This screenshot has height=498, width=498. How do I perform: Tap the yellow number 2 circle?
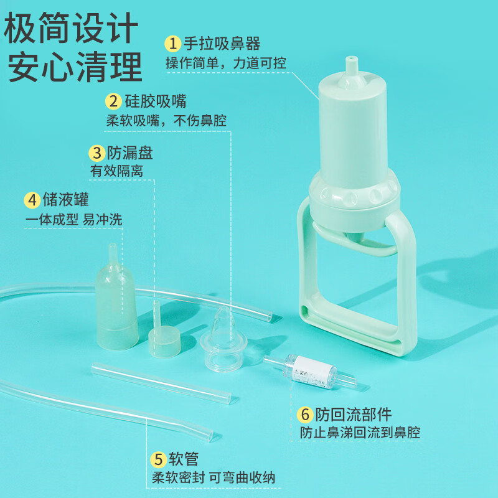click(x=113, y=101)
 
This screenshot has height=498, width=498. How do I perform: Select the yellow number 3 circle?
click(x=96, y=153)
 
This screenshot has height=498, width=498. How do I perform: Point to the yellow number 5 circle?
click(x=159, y=460)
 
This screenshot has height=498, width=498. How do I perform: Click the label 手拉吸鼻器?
click(x=222, y=44)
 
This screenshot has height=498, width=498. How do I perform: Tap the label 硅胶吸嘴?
click(x=154, y=101)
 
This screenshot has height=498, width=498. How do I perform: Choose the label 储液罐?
click(x=65, y=200)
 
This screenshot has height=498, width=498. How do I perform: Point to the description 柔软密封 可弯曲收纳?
click(x=214, y=478)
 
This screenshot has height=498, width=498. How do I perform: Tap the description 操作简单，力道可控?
click(x=225, y=63)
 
